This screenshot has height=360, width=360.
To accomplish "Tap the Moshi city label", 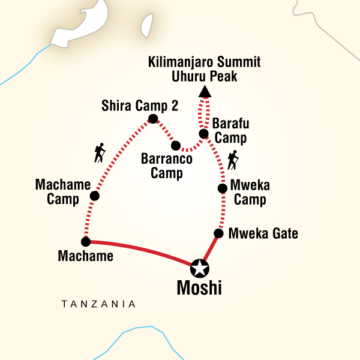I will tap(199, 289).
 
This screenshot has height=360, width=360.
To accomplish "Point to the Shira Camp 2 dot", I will tap(153, 119).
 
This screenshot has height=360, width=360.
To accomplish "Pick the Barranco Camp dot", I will tap(175, 145).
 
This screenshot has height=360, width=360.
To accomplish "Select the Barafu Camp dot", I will tap(203, 134).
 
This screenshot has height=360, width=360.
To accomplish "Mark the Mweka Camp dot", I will tap(222, 188).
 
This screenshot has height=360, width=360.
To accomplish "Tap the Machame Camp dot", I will tap(94, 196).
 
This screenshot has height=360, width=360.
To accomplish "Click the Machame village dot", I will tap(85, 242).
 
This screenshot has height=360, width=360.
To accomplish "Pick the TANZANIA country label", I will tap(98, 305).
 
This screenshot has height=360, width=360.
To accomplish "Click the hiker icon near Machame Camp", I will tap(100, 154).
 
